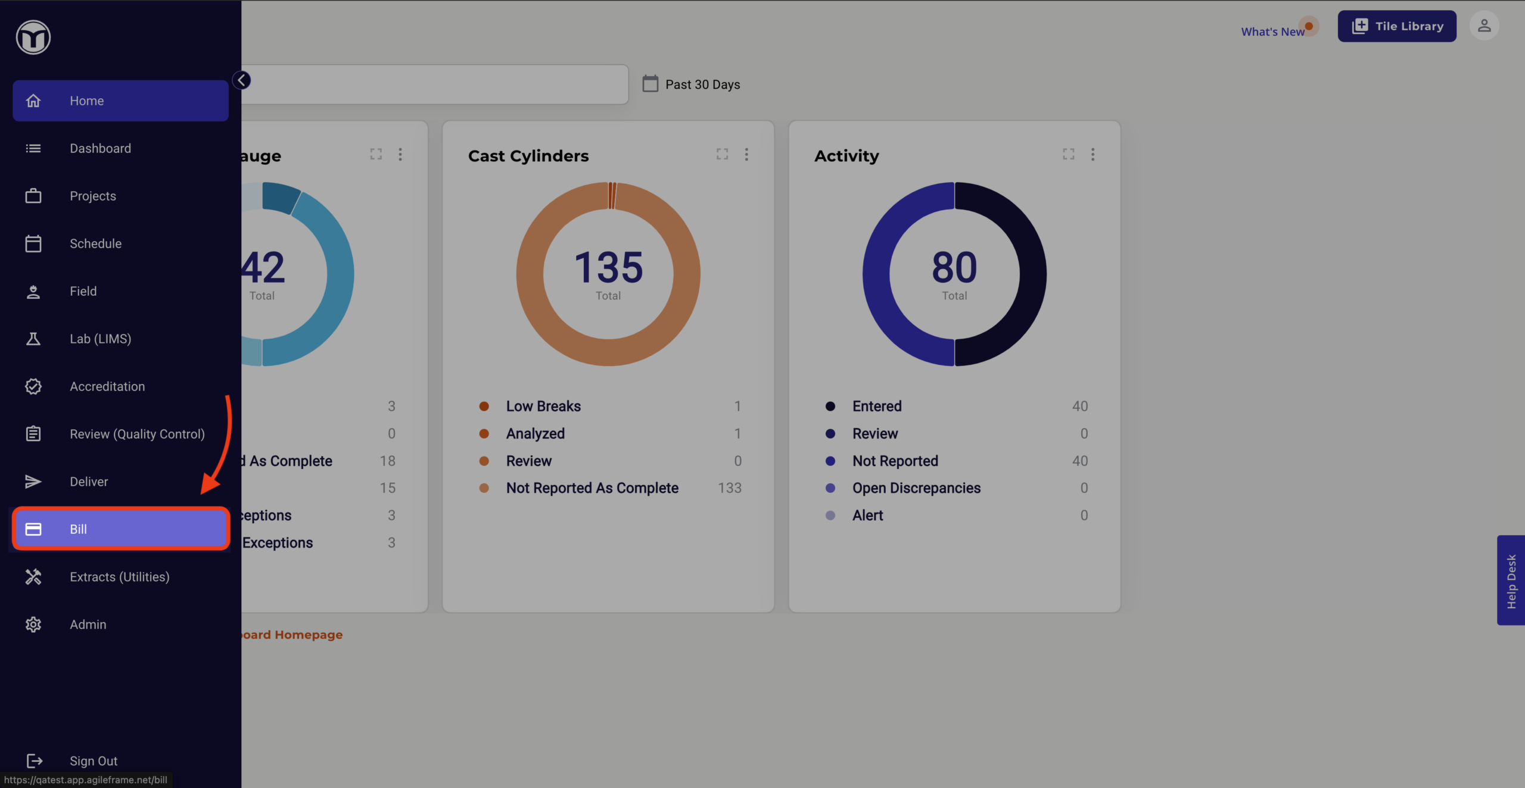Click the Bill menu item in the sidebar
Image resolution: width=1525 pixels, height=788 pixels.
tap(121, 529)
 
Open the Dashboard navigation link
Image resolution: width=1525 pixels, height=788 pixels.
tap(100, 148)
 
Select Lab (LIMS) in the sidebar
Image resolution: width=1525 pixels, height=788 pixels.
tap(100, 339)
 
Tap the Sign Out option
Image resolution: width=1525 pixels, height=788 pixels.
tap(94, 761)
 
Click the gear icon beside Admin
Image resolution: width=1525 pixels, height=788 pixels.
tap(33, 624)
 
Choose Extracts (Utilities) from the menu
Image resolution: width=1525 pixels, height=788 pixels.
tap(120, 577)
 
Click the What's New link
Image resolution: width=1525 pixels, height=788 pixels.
tap(1273, 32)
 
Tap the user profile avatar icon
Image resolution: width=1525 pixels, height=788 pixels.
tap(1484, 26)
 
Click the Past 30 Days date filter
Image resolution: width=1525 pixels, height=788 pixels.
tap(691, 84)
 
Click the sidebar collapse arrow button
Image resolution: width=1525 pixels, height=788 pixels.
tap(242, 80)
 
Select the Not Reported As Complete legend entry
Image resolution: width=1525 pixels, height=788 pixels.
tap(592, 488)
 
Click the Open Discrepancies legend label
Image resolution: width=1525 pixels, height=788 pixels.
tap(916, 488)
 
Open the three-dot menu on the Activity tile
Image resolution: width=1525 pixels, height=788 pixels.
tap(1093, 155)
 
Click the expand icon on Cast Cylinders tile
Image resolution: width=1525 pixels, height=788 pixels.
tap(722, 154)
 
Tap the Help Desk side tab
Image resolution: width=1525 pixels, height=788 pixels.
tap(1511, 580)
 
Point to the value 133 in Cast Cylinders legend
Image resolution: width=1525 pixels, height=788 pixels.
tap(729, 488)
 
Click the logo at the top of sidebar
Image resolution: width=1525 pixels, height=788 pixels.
tap(33, 37)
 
